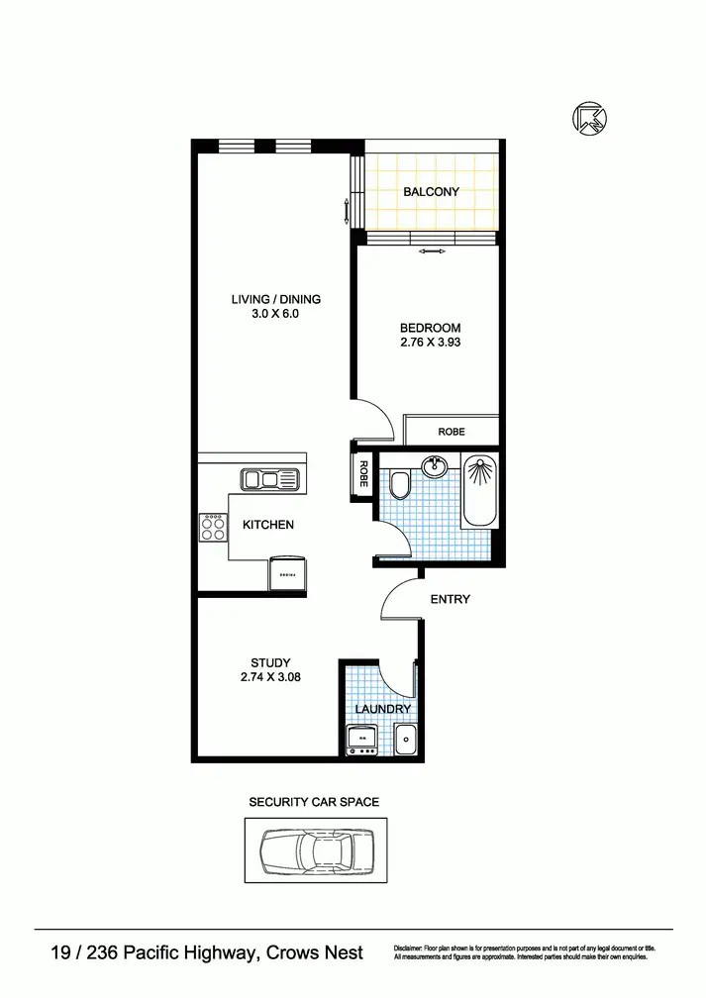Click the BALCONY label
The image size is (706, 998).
(x=431, y=192)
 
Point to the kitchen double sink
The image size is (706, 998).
(x=269, y=480)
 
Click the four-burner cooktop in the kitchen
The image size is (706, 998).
(x=212, y=526)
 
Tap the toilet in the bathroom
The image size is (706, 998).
(x=400, y=485)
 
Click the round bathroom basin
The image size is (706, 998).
(x=433, y=465)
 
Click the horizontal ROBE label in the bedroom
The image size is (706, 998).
(x=452, y=433)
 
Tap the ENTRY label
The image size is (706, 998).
(x=450, y=599)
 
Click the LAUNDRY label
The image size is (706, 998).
(x=382, y=710)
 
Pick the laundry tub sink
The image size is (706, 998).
(x=405, y=739)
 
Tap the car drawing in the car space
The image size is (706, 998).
(x=315, y=849)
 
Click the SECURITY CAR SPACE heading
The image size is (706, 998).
(x=314, y=802)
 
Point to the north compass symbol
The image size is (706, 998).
(x=589, y=119)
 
